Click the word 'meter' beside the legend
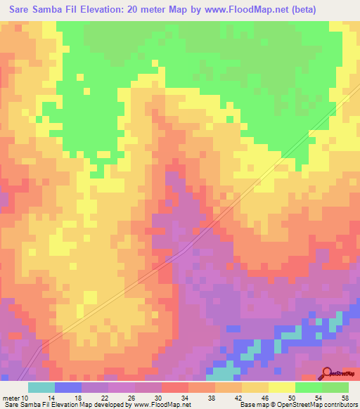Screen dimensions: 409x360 13,397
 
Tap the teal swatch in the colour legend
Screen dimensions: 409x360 41,387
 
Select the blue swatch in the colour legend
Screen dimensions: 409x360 68,387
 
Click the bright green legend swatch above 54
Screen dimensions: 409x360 308,387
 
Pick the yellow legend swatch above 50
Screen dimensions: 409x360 281,387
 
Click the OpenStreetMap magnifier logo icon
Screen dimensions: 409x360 326,374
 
